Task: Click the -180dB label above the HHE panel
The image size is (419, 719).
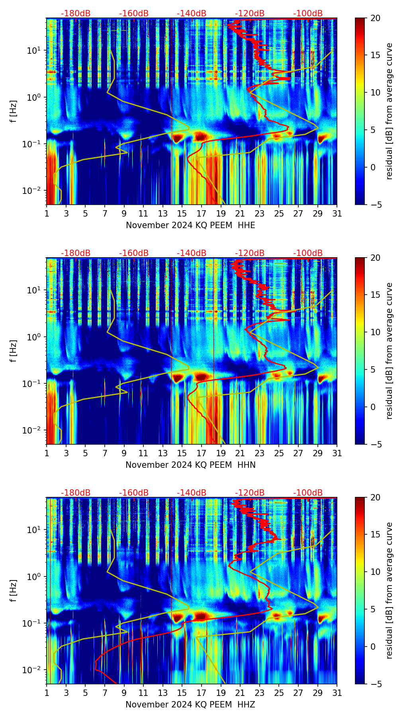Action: [76, 14]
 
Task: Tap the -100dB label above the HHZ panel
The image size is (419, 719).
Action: [308, 493]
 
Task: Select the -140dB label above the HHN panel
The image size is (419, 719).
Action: [192, 253]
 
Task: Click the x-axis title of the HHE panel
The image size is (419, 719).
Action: [190, 225]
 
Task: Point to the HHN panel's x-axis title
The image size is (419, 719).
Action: [190, 465]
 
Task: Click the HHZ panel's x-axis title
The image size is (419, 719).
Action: [190, 705]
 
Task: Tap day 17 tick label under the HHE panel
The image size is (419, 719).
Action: [202, 213]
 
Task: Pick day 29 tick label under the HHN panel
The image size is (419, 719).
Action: [318, 453]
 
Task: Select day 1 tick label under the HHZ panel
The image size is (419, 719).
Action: [47, 693]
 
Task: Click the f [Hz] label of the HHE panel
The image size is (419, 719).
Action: [14, 111]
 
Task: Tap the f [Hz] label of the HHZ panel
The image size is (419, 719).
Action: [14, 591]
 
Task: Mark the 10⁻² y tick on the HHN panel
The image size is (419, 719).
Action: [35, 431]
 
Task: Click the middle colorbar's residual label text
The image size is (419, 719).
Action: [390, 351]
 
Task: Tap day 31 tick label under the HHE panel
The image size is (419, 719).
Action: [337, 213]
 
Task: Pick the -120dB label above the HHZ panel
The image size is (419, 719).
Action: [250, 493]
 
